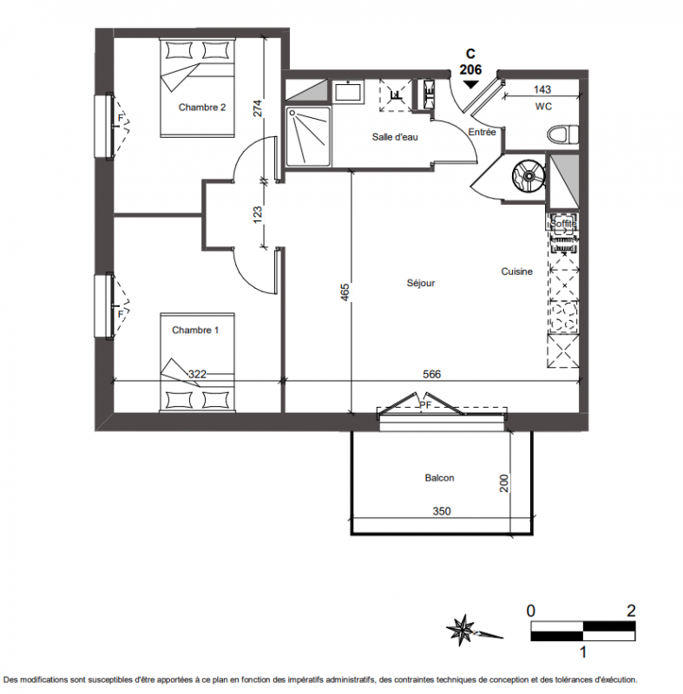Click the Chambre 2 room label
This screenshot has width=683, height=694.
202,107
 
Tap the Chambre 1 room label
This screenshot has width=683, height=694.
195,331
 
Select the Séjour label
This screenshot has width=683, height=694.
421,283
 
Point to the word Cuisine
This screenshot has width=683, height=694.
516,272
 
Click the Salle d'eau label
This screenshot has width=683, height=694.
395,137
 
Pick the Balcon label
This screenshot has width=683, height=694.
439,478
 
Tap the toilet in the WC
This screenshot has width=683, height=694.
563,134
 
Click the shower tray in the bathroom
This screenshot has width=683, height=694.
308,136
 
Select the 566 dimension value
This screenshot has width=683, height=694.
431,375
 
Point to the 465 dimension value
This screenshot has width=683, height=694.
345,292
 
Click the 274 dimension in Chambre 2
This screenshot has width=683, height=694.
258,108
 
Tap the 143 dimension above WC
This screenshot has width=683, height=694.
542,89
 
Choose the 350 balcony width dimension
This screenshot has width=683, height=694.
442,511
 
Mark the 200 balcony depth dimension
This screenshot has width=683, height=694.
504,483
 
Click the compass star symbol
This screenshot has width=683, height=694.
460,630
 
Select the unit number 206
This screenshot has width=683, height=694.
470,69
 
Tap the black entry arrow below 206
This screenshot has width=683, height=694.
470,84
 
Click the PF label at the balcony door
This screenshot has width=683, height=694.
425,405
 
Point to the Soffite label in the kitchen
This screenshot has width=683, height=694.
563,224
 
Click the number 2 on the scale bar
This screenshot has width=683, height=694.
631,612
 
